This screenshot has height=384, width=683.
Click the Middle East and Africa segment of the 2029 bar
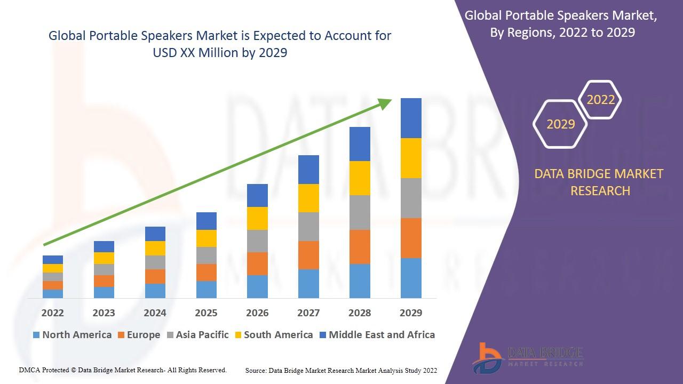click(x=411, y=118)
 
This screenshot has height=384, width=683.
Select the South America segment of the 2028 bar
click(x=360, y=178)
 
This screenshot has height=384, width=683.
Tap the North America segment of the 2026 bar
click(x=257, y=286)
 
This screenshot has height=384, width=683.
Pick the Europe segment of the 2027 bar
click(x=308, y=255)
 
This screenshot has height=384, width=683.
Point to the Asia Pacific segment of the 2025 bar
click(x=207, y=255)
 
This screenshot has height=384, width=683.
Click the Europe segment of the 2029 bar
click(x=411, y=238)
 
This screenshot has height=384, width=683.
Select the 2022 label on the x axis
click(x=52, y=313)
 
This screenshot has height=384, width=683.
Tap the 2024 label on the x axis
click(x=155, y=313)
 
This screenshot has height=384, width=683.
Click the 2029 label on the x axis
click(x=411, y=313)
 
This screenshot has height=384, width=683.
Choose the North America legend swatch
click(x=36, y=335)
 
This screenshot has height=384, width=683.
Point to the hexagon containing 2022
click(x=600, y=100)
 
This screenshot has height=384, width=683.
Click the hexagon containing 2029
click(x=560, y=124)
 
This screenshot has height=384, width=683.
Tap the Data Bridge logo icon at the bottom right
click(x=487, y=357)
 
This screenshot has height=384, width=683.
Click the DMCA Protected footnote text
click(x=123, y=370)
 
